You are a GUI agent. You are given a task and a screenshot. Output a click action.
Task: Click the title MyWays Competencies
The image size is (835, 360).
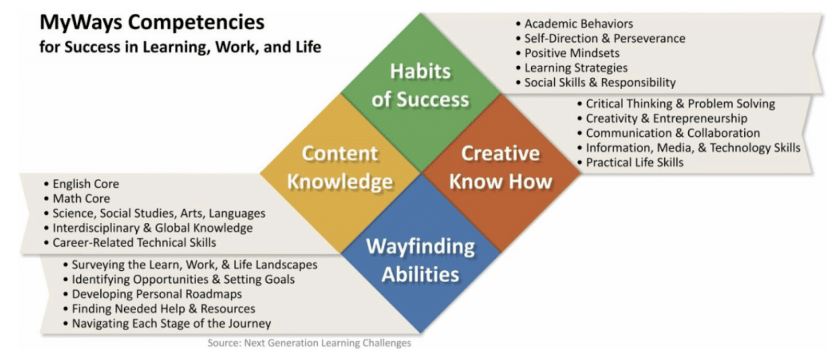152,23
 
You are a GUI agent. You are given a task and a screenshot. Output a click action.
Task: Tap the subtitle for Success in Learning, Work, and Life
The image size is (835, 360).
181,47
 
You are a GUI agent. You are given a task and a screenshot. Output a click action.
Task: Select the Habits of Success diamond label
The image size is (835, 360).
421,86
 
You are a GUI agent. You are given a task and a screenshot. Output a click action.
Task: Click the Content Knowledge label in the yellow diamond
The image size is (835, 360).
340,167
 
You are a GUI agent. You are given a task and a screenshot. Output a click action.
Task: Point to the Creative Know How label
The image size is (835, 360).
500,167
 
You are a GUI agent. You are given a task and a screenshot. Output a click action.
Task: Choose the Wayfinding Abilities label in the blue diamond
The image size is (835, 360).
421,260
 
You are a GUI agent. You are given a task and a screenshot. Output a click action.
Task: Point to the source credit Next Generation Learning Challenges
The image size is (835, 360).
327,343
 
